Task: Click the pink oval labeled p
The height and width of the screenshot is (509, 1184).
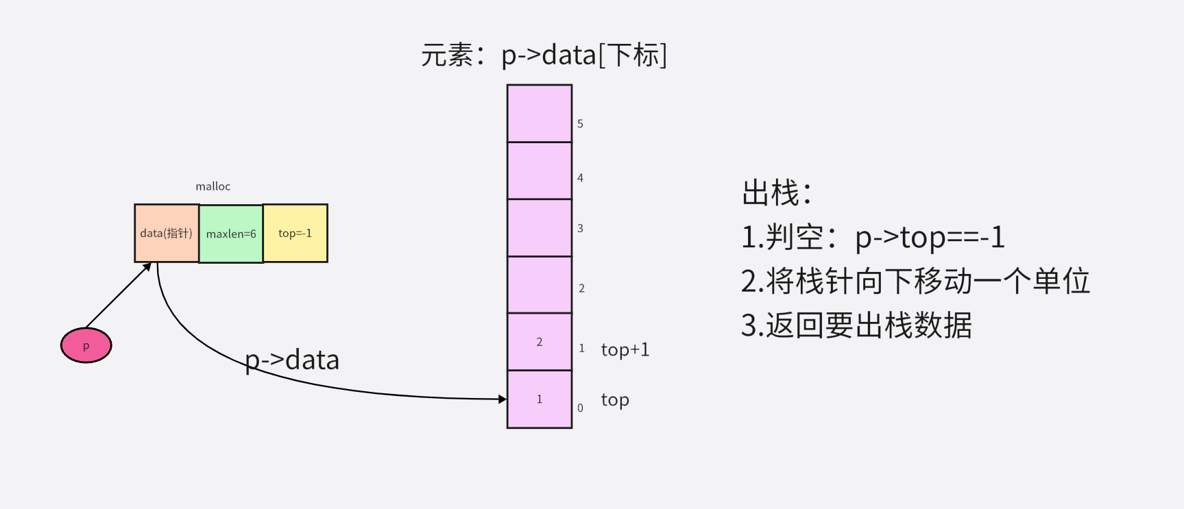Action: coord(86,345)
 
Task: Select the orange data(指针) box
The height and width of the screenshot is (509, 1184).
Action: coord(167,233)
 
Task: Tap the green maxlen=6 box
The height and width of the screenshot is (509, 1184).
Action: coord(231,234)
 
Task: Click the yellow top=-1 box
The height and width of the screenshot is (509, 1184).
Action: coord(295,233)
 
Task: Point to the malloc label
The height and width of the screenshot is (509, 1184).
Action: coord(213,186)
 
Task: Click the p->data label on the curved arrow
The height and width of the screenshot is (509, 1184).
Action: coord(292,360)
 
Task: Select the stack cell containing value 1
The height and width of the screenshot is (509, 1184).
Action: coord(540,399)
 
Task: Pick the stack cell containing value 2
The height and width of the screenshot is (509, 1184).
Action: coord(540,342)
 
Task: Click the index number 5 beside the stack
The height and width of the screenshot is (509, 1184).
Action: coord(580,124)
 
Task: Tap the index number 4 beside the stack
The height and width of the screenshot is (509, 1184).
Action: coord(580,178)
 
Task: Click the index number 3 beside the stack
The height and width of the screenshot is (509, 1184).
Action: coord(580,229)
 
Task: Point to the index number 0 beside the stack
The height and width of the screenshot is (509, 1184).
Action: coord(580,408)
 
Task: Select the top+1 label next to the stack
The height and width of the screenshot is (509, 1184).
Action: coord(625,350)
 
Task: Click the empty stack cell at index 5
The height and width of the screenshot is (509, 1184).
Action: coord(540,114)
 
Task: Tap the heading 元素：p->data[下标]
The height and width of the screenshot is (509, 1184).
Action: coord(544,55)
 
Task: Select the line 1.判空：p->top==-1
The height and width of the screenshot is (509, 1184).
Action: coord(873,238)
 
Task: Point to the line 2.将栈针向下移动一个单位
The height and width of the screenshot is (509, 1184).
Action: coord(915,282)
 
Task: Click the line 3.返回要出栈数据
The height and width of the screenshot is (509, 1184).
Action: coord(856,325)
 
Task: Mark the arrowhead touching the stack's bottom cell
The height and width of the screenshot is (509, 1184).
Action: coord(503,399)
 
